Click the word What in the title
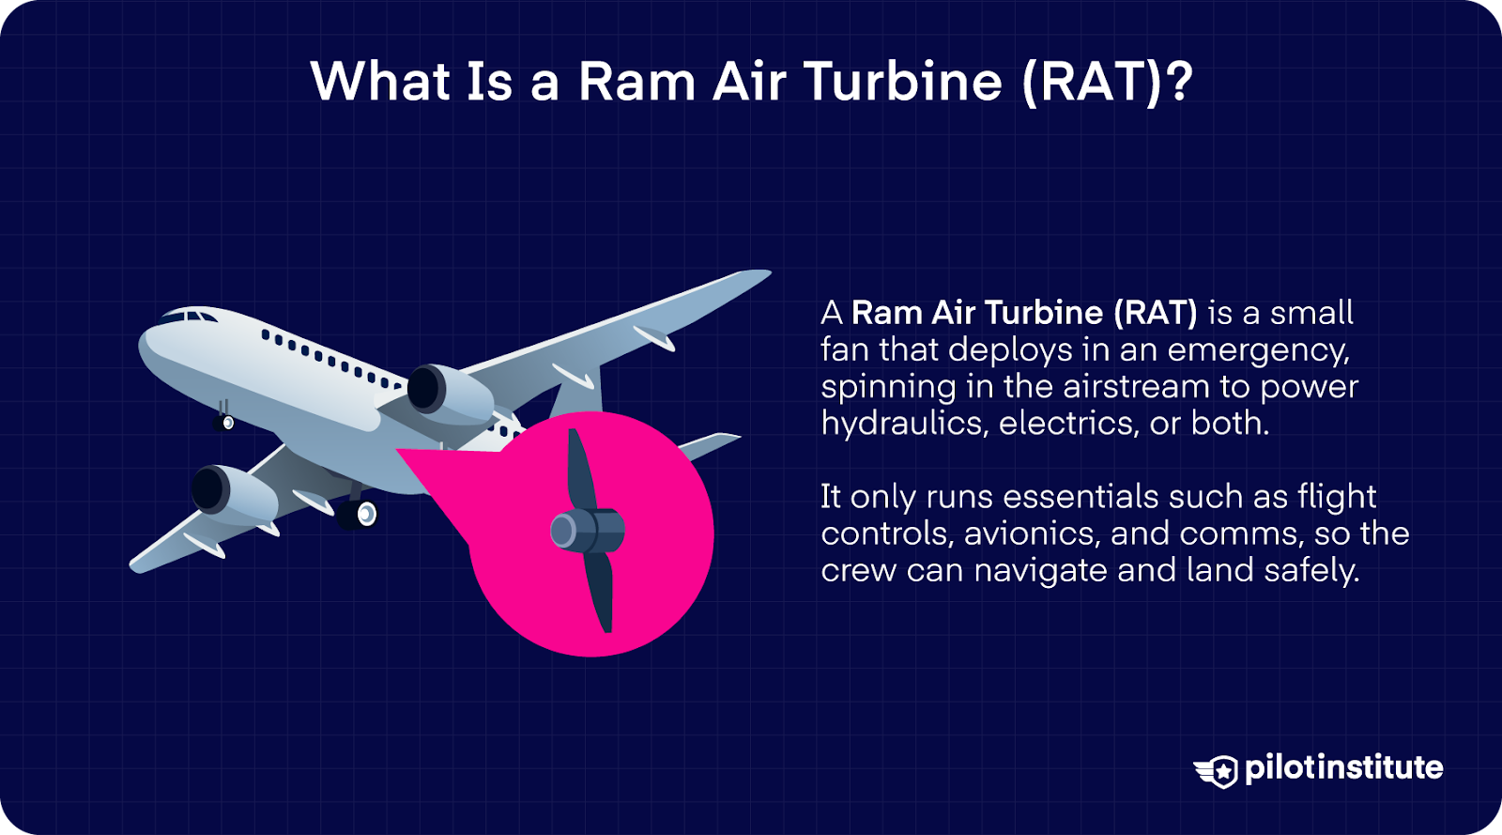pos(381,81)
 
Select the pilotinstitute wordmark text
pos(1343,767)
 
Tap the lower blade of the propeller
pos(600,591)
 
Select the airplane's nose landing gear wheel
pos(226,423)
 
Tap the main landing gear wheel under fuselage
pos(364,514)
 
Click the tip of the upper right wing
pos(761,274)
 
